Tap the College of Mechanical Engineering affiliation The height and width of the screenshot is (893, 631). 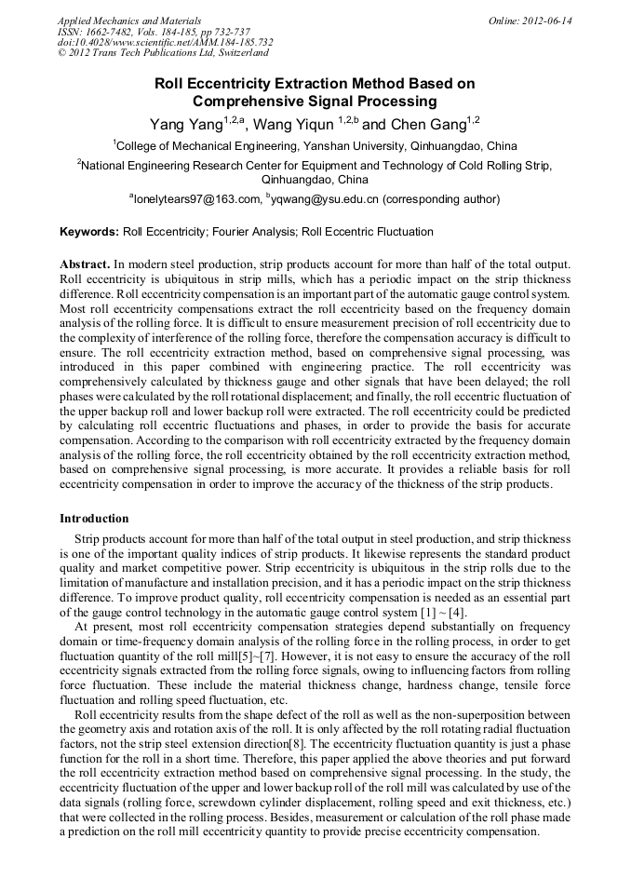(315, 146)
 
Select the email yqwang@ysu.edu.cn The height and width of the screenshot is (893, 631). (324, 199)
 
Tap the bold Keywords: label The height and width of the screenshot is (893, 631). (89, 232)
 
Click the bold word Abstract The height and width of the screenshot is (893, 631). (85, 264)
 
